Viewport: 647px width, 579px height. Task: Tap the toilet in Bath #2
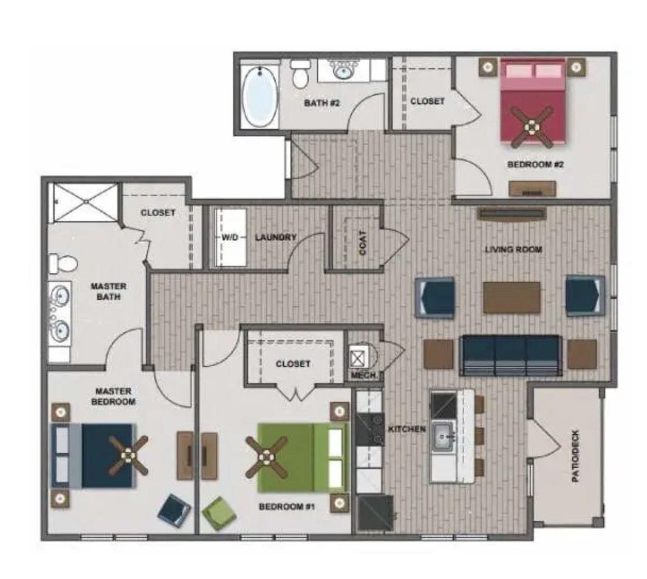point(300,74)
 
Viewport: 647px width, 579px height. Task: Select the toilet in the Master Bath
point(63,263)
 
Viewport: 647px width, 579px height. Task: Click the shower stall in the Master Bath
point(84,202)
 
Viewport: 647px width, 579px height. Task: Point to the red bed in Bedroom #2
point(532,102)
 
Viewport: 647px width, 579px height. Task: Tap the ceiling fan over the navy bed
point(128,455)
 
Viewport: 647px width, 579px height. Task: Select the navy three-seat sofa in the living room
point(510,355)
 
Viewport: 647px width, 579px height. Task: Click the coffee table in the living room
point(512,298)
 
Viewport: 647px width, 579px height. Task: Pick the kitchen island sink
point(443,436)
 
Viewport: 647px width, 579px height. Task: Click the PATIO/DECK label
point(576,456)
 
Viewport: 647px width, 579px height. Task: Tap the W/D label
point(230,238)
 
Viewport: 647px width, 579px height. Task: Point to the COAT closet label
point(363,242)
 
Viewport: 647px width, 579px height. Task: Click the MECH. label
point(364,375)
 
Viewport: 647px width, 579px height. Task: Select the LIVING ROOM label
point(513,249)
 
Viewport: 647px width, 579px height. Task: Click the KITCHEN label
point(407,429)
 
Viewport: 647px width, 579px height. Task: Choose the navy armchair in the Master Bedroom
point(174,510)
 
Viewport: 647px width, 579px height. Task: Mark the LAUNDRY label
point(276,238)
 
